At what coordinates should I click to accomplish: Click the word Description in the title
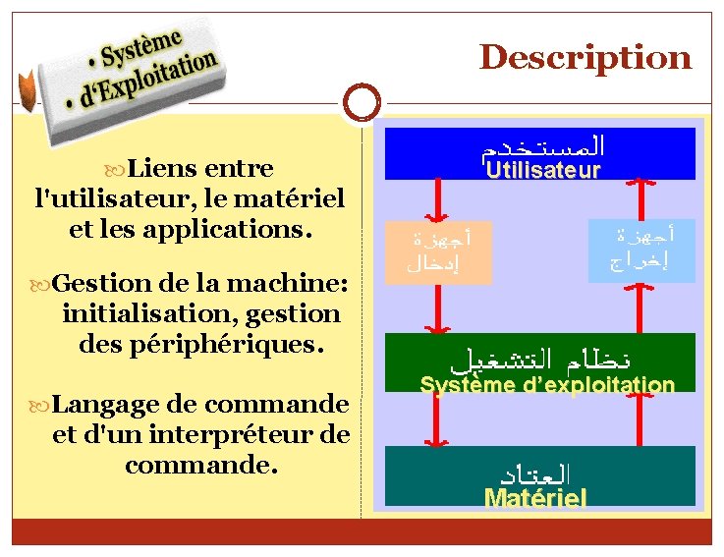point(585,57)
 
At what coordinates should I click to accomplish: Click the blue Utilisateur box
point(539,154)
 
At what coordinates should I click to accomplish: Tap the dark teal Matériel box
point(539,475)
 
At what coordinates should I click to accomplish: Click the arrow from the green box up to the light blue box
point(642,306)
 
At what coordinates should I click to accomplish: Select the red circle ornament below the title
point(362,100)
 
